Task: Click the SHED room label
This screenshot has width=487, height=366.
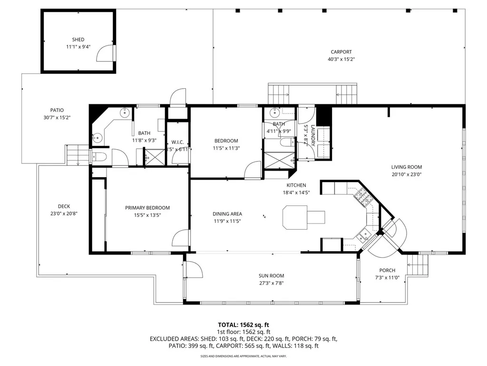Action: coord(78,40)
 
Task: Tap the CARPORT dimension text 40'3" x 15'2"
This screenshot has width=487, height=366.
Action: coord(341,60)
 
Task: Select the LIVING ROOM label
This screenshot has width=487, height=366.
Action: coord(406,167)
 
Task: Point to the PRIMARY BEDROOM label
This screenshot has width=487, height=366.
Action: coord(147,208)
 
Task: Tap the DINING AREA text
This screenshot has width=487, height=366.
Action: coord(227,214)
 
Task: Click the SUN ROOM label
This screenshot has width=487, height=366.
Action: coord(271,275)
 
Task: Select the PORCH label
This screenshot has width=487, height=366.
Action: coord(387,270)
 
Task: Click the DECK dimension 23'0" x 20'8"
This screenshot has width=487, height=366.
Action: coord(64,213)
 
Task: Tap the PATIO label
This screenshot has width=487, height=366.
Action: coord(57,110)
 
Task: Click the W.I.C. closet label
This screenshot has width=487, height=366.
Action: coord(177,142)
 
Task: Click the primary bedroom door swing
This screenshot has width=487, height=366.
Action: coord(182,238)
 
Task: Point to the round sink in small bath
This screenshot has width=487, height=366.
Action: coord(274,113)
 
